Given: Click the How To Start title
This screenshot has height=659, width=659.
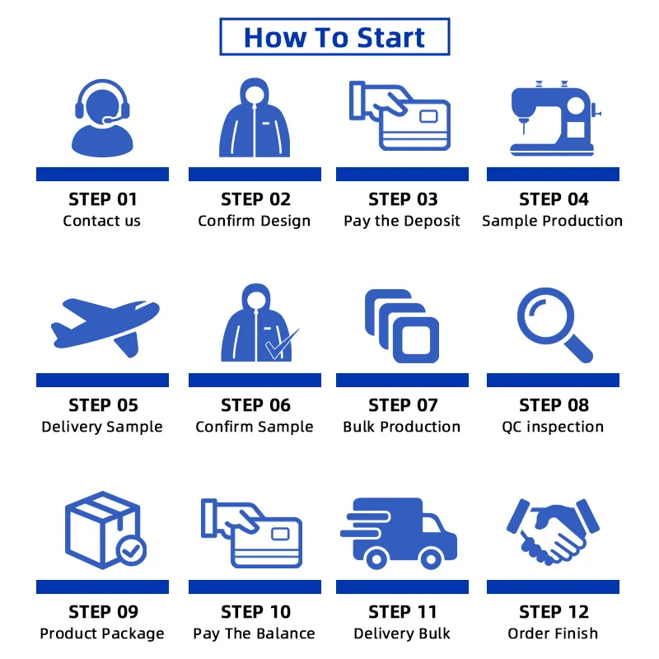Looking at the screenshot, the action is coord(334,37).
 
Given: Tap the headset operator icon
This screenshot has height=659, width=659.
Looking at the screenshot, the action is coord(102,118).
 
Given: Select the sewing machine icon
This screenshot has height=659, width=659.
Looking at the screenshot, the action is coord(555,119).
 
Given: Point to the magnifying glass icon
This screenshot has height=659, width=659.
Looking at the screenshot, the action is coord(554,325).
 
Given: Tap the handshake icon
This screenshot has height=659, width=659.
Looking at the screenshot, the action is coord(553,531).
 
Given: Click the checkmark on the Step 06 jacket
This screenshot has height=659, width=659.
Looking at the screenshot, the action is coord(282,345).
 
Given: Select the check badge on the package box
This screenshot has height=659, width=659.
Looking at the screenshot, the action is coord(131,550).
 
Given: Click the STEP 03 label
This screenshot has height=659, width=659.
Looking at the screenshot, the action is coord(403,199).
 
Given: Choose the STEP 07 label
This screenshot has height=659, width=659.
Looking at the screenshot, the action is coord(403,405).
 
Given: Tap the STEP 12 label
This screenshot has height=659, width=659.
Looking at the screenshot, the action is coord(554,612).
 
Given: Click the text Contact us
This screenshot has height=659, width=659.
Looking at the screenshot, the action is coord(101,221).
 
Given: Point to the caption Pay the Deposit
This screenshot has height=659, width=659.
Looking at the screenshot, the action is coord(402,222).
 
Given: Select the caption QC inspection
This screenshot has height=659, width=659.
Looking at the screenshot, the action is coord(553,427).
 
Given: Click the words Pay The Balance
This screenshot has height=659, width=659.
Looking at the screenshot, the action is coord(254,633).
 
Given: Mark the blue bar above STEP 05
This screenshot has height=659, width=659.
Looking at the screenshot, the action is coord(102,380).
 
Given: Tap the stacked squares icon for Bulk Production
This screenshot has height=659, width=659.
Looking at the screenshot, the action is coord(402,326).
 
